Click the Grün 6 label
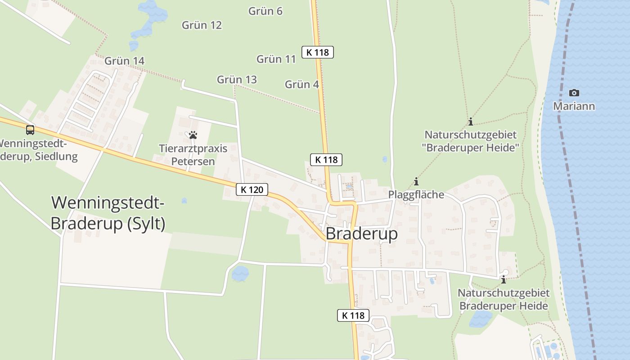point(265,11)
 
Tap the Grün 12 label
point(202,25)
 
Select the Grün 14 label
point(124,61)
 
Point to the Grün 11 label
point(276,59)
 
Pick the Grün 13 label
point(237,80)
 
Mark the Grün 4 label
point(302,84)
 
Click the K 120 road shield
point(252,189)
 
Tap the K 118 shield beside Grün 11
point(318,52)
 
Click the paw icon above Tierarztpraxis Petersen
point(193,135)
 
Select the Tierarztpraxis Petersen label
point(193,154)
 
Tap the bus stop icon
point(30,130)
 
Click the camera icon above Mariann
point(574,93)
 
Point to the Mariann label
point(574,106)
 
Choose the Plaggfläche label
point(416,194)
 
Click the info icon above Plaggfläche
point(416,182)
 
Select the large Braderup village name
point(361,234)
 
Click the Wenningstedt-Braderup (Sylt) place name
point(108,213)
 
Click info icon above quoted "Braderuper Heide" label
point(471,121)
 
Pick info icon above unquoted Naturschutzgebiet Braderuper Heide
point(503,280)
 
